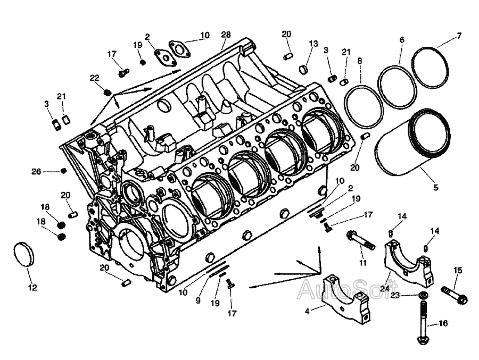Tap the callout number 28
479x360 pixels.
pyautogui.click(x=226, y=35)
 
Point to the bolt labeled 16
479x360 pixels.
pyautogui.click(x=423, y=322)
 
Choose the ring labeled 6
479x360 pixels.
pyautogui.click(x=398, y=86)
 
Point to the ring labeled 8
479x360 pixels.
pyautogui.click(x=364, y=105)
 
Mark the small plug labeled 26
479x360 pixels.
pyautogui.click(x=63, y=171)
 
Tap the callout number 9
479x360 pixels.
pyautogui.click(x=197, y=300)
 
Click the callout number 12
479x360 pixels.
pyautogui.click(x=32, y=288)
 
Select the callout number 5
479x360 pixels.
pyautogui.click(x=435, y=187)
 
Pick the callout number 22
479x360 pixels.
pyautogui.click(x=94, y=78)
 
